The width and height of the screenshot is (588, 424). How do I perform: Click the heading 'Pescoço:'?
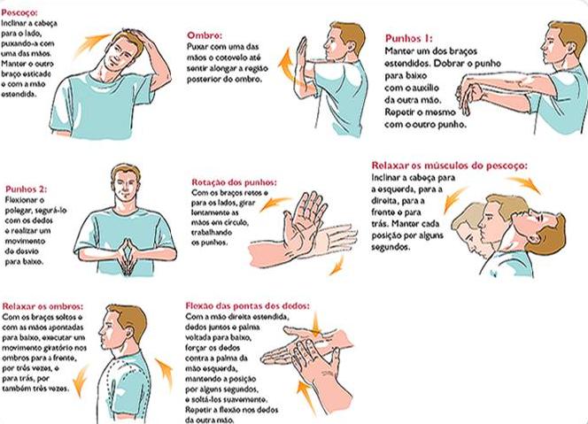pyautogui.click(x=19, y=12)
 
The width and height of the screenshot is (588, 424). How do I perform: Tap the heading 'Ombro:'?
pyautogui.click(x=205, y=35)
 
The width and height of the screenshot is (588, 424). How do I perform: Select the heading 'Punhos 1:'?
pyautogui.click(x=409, y=38)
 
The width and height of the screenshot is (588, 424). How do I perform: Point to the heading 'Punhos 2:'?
pyautogui.click(x=27, y=189)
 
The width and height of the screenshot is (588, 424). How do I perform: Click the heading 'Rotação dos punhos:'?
pyautogui.click(x=234, y=182)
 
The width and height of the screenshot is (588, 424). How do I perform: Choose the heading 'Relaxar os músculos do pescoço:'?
pyautogui.click(x=449, y=166)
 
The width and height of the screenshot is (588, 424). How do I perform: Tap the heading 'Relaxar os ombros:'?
pyautogui.click(x=43, y=306)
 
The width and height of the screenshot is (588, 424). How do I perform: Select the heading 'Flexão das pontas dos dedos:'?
pyautogui.click(x=248, y=306)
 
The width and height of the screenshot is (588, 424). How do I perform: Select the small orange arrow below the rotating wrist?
pyautogui.click(x=337, y=266)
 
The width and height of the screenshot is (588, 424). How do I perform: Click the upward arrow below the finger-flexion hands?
pyautogui.click(x=306, y=397)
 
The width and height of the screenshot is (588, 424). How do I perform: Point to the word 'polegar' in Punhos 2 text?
pyautogui.click(x=19, y=211)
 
